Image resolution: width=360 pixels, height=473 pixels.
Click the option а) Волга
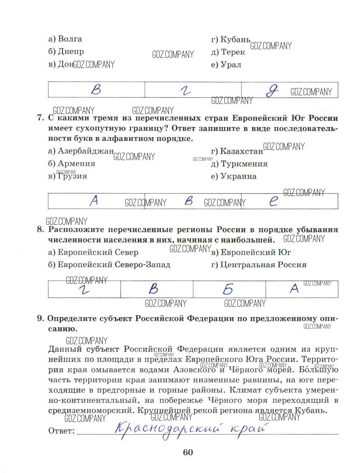click(65, 39)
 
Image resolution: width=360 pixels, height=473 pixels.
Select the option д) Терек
click(228, 52)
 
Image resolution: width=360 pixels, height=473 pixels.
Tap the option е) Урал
click(226, 65)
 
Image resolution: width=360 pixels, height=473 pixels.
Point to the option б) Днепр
click(66, 51)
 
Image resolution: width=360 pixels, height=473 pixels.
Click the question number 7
click(40, 118)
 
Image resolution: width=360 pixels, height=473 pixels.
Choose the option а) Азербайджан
click(81, 151)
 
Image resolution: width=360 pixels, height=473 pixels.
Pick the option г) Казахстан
click(237, 151)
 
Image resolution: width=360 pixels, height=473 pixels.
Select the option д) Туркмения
click(239, 164)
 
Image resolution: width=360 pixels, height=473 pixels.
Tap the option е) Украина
click(234, 177)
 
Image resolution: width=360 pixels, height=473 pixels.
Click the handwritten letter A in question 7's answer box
click(94, 201)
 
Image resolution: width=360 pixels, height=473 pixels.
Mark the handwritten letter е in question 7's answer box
click(274, 201)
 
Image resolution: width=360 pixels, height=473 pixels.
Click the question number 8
click(40, 229)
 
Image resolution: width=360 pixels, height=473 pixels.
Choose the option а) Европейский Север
click(93, 253)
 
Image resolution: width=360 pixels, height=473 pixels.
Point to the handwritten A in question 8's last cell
click(294, 288)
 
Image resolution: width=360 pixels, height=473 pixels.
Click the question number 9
click(40, 319)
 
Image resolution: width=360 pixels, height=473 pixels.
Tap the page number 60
click(188, 452)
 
